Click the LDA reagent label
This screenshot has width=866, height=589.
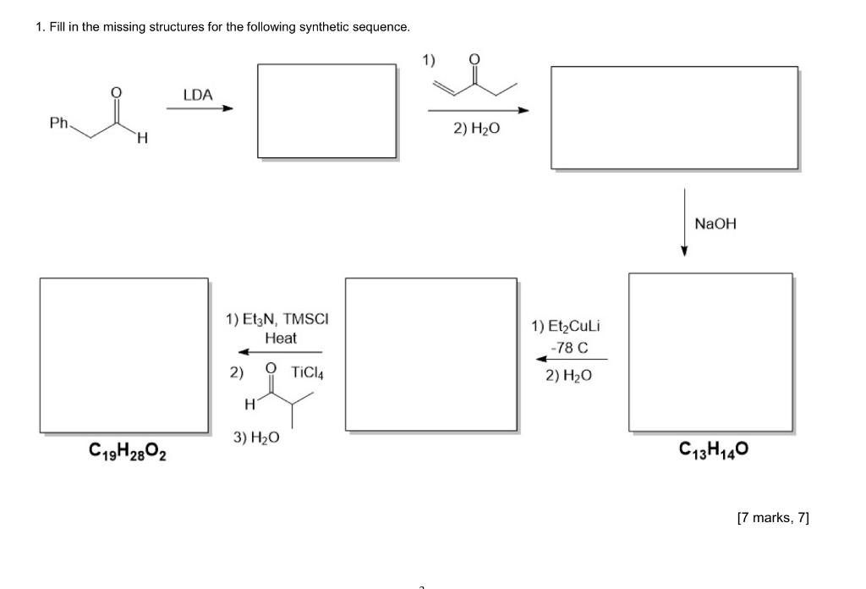pos(198,95)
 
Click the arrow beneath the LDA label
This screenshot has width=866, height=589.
pos(199,108)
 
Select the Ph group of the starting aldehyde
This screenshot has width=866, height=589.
pos(58,123)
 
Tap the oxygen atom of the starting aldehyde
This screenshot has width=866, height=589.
pos(117,92)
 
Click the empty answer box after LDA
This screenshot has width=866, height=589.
pos(326,111)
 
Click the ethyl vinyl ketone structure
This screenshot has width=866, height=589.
pos(474,80)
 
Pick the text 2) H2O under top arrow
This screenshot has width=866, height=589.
pos(476,129)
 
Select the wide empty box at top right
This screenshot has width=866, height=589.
pos(674,118)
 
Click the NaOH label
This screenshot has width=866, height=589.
pos(715,223)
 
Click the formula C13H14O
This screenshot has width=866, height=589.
pos(713,449)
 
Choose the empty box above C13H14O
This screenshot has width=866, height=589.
pos(710,353)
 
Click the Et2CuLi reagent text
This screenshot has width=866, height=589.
pos(566,326)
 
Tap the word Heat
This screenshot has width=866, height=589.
pos(281,338)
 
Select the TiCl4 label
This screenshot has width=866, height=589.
pos(308,371)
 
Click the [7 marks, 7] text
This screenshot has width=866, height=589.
pos(772,517)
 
